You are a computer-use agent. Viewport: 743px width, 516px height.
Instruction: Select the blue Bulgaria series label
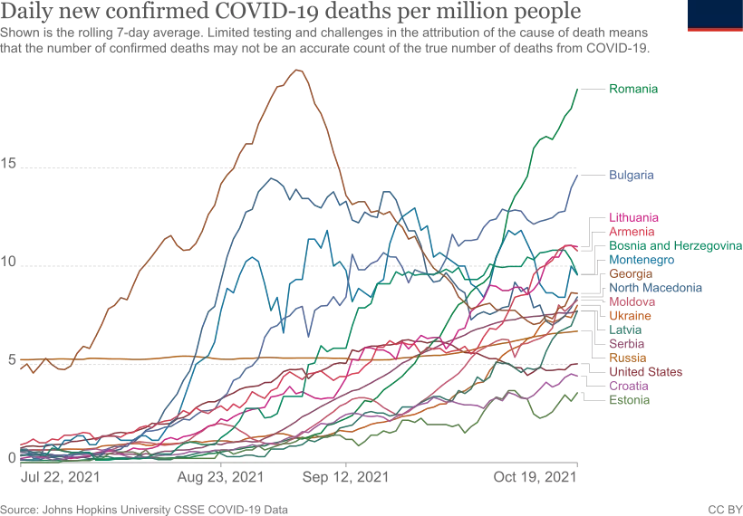(632, 174)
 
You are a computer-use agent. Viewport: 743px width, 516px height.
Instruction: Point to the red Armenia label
(633, 232)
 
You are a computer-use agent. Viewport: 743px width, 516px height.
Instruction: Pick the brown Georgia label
(630, 273)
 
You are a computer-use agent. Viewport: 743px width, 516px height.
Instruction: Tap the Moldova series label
(632, 301)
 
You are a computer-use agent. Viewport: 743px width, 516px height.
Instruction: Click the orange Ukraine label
(630, 316)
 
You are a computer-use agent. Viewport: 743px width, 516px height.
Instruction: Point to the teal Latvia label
(625, 330)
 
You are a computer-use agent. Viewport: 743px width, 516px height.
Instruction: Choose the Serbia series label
(625, 344)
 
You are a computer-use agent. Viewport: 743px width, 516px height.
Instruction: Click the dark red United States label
(647, 372)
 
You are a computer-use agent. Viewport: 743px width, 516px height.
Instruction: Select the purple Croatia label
(627, 386)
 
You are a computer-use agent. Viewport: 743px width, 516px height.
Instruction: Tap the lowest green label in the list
(628, 400)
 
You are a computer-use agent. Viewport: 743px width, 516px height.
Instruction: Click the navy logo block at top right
(714, 15)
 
